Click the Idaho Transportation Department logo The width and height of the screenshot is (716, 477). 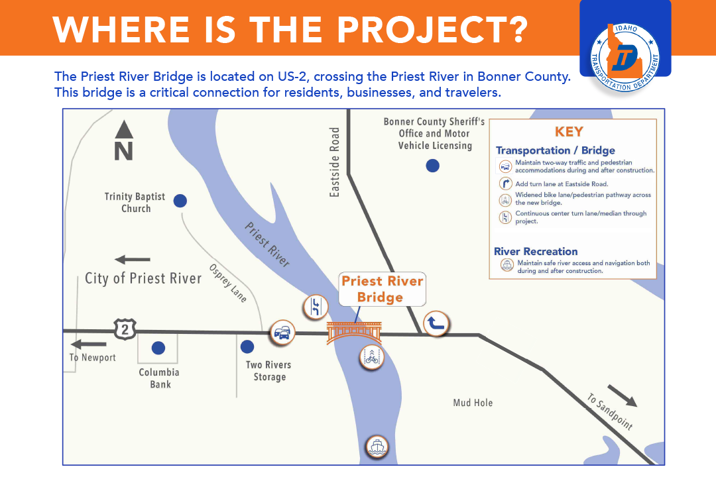(x=625, y=58)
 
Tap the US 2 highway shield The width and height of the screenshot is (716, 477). (x=125, y=329)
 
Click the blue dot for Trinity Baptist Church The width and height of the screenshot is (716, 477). (x=180, y=200)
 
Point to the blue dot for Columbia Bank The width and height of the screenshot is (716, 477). (x=158, y=348)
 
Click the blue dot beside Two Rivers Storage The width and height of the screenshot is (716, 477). (x=247, y=346)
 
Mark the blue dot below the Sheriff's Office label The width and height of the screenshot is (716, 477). (x=432, y=166)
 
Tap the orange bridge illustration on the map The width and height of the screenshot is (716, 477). (x=354, y=333)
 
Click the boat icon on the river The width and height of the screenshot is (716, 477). (x=377, y=447)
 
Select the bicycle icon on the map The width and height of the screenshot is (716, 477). (x=372, y=357)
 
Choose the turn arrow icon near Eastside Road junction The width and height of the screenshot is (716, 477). (x=436, y=323)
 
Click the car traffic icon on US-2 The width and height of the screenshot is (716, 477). (x=282, y=333)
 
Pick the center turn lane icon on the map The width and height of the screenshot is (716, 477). (x=316, y=306)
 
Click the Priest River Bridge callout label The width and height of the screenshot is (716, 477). (x=383, y=289)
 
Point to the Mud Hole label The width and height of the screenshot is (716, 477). (x=473, y=403)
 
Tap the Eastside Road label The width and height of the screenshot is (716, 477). (x=335, y=162)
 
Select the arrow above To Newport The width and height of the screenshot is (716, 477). (x=89, y=344)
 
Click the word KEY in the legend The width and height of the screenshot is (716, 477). (x=569, y=132)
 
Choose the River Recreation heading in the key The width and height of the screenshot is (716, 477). (x=536, y=252)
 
